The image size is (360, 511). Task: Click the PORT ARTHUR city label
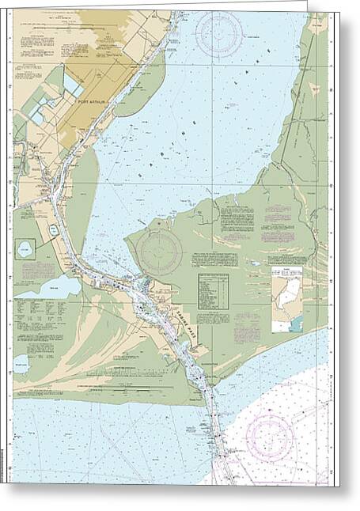pyautogui.click(x=93, y=101)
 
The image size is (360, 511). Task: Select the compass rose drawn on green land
pyautogui.click(x=160, y=252)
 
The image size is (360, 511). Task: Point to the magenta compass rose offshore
pyautogui.click(x=271, y=437)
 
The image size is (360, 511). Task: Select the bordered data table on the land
pyautogui.click(x=213, y=292)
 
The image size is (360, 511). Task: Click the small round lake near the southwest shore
pyautogui.click(x=21, y=363)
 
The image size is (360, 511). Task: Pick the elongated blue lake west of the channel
pyautogui.click(x=46, y=287)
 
